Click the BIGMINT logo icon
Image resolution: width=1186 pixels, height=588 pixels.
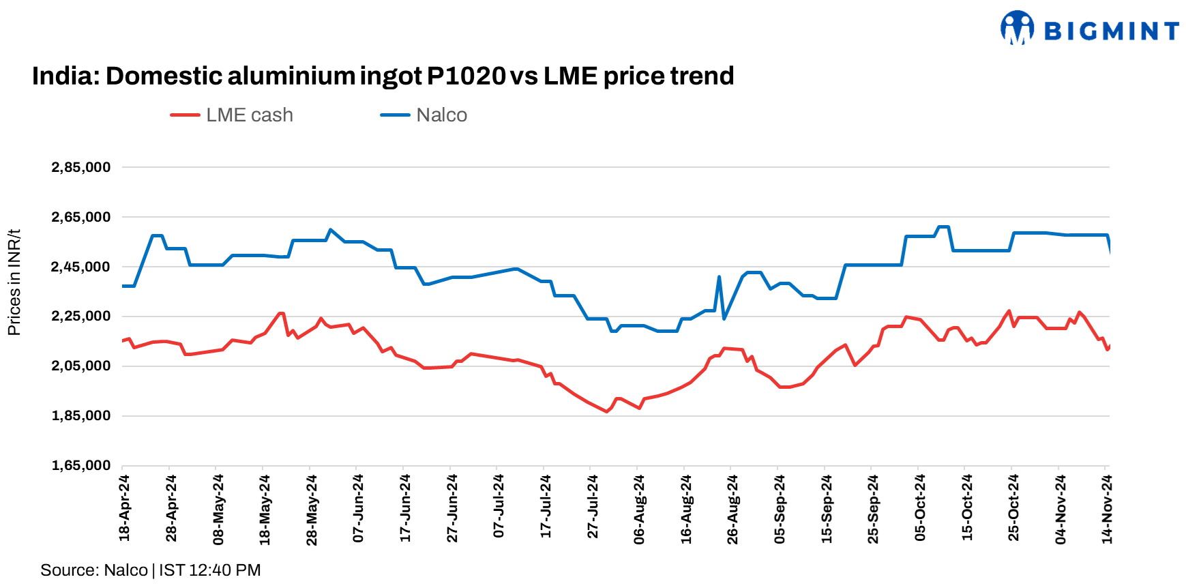(x=1017, y=28)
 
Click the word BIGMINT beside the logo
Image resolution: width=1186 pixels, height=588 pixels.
(x=1112, y=31)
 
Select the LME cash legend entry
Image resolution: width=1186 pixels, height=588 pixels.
(x=233, y=115)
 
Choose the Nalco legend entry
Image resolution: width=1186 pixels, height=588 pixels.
(x=424, y=115)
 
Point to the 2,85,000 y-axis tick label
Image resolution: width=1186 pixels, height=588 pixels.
(x=80, y=167)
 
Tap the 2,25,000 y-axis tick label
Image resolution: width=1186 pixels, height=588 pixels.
(x=80, y=317)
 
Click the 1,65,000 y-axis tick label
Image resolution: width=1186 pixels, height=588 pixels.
(x=80, y=465)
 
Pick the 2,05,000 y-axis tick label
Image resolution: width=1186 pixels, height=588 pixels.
(x=80, y=366)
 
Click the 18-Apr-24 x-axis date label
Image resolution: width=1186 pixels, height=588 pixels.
(x=124, y=508)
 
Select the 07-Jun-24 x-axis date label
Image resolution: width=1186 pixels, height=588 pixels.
(x=358, y=508)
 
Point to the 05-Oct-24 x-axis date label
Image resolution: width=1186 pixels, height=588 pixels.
(x=920, y=508)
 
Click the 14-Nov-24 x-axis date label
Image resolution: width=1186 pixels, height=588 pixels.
(x=1107, y=509)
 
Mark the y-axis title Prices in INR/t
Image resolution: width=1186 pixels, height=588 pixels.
(x=14, y=282)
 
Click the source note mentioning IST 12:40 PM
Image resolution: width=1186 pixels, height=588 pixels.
(x=150, y=570)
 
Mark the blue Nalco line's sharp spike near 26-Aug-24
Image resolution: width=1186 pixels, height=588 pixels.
(x=720, y=277)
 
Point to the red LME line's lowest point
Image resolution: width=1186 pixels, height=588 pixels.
(x=607, y=411)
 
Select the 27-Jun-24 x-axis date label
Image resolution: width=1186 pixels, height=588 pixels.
(x=451, y=508)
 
